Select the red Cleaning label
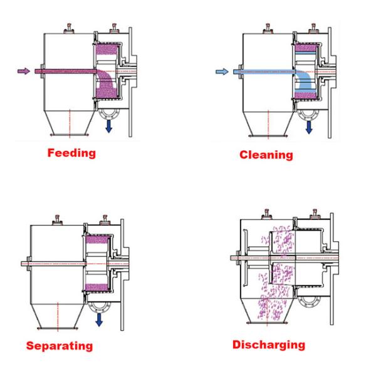pos(266,155)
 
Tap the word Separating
pos(60,346)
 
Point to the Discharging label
pos(269,345)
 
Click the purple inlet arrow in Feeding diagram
pos(23,71)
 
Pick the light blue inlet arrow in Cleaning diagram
pos(222,72)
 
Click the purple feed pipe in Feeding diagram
pos(63,71)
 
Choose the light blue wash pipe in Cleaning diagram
pos(263,72)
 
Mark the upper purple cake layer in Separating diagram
pos(97,239)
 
